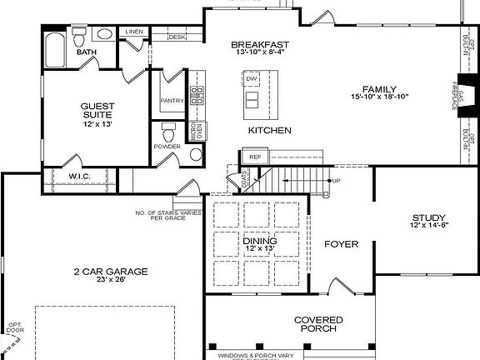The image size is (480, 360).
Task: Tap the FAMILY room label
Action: pyautogui.click(x=379, y=88)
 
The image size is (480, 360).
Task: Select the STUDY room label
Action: pyautogui.click(x=428, y=218)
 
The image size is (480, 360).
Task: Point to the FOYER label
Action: pyautogui.click(x=341, y=244)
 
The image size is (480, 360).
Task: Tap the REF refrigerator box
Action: pyautogui.click(x=256, y=156)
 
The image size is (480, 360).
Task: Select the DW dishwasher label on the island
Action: pyautogui.click(x=251, y=79)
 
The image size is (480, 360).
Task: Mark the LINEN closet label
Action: pyautogui.click(x=134, y=32)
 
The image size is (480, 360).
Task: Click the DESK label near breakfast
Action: pyautogui.click(x=177, y=37)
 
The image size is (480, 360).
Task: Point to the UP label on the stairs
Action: pyautogui.click(x=336, y=181)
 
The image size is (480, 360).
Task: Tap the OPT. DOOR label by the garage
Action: pyautogui.click(x=12, y=327)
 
